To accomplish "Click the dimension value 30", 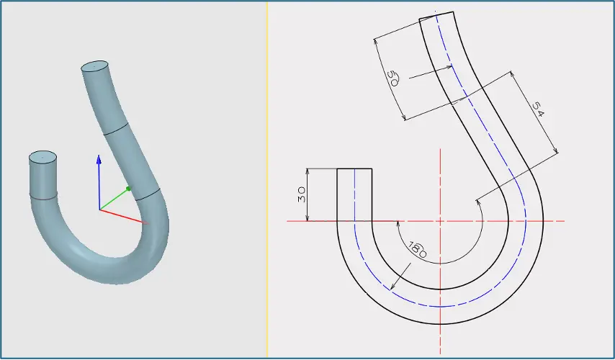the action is (x=301, y=194).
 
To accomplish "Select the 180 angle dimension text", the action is (x=418, y=250).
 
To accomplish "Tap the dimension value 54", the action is (x=539, y=109).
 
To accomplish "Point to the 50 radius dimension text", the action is (x=392, y=78).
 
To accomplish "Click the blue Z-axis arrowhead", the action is (x=99, y=160).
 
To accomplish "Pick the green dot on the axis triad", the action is (x=128, y=189).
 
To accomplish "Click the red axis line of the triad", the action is (x=124, y=217).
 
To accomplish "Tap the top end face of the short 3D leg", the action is (x=42, y=157).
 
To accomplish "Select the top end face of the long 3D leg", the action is (x=94, y=66).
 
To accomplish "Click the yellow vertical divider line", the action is (x=267, y=180).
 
